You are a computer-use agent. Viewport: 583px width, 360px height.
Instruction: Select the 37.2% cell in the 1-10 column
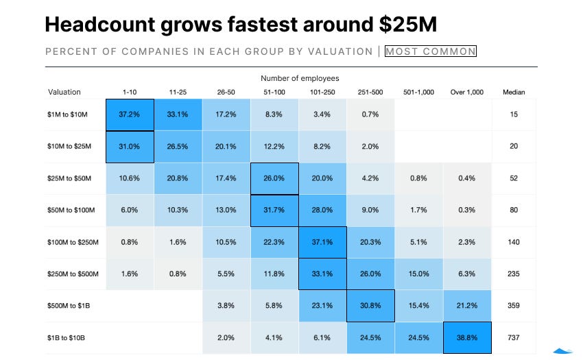[130, 114]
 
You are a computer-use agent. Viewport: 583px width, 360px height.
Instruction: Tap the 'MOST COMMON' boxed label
[430, 51]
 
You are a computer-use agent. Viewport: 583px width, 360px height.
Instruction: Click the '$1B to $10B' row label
[67, 338]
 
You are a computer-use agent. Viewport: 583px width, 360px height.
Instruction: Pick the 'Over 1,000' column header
[467, 92]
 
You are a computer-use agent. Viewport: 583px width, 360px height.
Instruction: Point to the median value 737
[514, 338]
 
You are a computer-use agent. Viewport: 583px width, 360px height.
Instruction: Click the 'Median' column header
[514, 92]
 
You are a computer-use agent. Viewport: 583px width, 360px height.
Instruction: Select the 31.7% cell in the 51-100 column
[274, 210]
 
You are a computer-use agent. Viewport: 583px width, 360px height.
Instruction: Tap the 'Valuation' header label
[64, 92]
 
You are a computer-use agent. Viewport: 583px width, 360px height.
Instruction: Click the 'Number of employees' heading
[300, 78]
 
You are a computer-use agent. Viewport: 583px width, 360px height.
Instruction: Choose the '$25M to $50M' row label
[69, 178]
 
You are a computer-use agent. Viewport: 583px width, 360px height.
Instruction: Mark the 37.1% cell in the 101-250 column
[323, 242]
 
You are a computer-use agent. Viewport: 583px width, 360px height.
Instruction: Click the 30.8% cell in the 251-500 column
[371, 306]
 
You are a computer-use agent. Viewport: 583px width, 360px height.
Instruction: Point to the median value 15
[514, 114]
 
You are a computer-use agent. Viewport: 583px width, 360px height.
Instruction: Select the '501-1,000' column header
[418, 92]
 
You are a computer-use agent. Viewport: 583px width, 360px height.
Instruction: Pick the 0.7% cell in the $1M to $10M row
[371, 114]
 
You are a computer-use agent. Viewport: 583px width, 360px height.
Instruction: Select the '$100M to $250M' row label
[73, 242]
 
